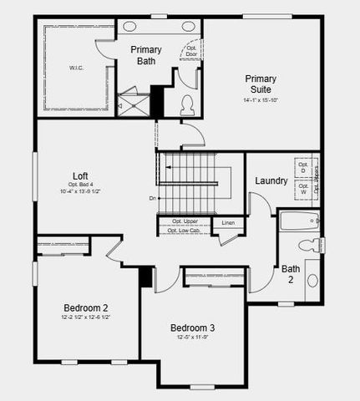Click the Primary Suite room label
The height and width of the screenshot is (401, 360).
(x=261, y=84)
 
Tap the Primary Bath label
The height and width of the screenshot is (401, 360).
(x=146, y=55)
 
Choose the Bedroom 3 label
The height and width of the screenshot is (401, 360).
(x=192, y=327)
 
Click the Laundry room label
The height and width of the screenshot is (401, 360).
(x=271, y=180)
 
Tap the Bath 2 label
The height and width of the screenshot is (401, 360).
(x=291, y=274)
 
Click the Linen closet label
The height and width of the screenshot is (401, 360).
(x=228, y=223)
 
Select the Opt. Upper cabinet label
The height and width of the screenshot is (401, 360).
(x=185, y=221)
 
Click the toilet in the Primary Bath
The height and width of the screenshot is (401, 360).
(x=187, y=104)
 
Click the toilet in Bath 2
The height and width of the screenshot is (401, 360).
(x=310, y=245)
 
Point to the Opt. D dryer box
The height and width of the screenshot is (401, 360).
(x=303, y=168)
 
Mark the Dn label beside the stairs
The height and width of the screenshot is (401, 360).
(x=152, y=198)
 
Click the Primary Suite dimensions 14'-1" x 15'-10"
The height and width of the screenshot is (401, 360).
(x=261, y=100)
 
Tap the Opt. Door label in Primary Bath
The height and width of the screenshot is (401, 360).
(x=191, y=52)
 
